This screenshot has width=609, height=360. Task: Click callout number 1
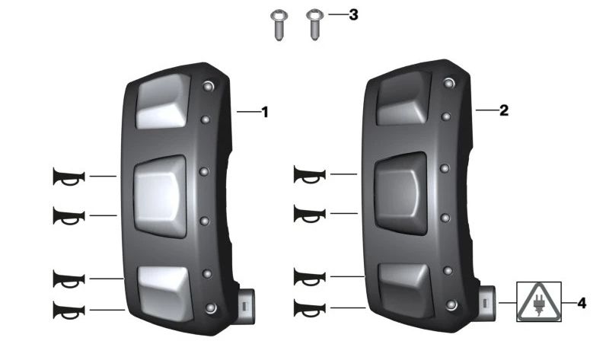[x=265, y=112]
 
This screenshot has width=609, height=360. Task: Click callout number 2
[x=504, y=110]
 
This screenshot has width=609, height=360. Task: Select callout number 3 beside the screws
[x=353, y=14]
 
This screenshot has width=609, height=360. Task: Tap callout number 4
[x=582, y=303]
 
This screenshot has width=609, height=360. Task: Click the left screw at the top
[x=279, y=25]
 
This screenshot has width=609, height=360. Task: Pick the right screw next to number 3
[x=314, y=24]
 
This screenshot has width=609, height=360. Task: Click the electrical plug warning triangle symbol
[x=539, y=301]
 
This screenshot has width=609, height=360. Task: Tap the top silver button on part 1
[x=163, y=102]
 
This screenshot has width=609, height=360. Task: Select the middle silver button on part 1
[x=160, y=196]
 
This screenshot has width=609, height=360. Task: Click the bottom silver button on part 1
[x=166, y=293]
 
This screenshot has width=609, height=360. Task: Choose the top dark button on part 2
[x=404, y=98]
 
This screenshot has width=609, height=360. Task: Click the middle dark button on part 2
[x=400, y=193]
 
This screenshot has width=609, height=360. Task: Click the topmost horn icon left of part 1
[x=69, y=177]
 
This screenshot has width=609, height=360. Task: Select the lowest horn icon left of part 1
[x=69, y=310]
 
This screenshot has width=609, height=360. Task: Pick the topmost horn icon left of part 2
[x=310, y=174]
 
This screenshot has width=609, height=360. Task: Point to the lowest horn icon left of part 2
[x=310, y=308]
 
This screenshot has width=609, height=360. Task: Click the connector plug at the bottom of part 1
[x=245, y=306]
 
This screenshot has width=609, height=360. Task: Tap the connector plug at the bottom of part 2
[x=486, y=303]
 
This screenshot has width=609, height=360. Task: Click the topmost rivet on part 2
[x=449, y=83]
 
